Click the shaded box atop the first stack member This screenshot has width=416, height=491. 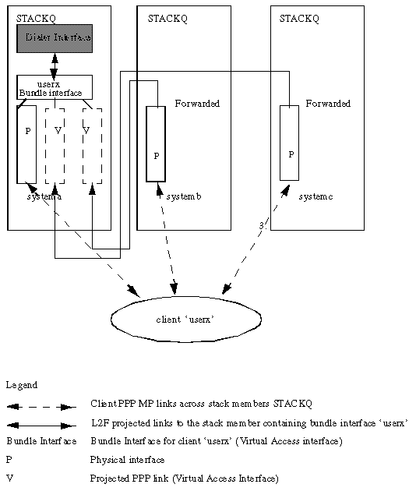tap(55, 37)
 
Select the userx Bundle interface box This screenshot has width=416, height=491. tap(55, 87)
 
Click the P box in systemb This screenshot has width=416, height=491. tap(156, 144)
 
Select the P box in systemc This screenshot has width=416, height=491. tap(290, 143)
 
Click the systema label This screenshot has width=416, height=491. tap(44, 197)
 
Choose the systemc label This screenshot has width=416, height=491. tap(316, 197)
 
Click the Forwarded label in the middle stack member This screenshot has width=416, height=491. tap(197, 104)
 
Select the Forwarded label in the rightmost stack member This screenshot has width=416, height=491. tap(328, 104)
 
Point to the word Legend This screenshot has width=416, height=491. tap(21, 385)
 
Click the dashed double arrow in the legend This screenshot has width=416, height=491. tap(41, 405)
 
